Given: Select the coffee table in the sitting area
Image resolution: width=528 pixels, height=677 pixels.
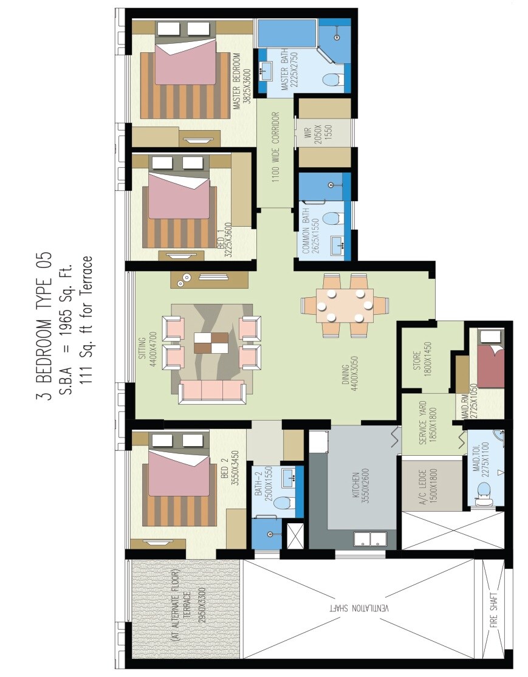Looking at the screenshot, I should [211, 343].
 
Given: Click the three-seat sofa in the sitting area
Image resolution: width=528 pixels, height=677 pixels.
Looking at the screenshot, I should [211, 391].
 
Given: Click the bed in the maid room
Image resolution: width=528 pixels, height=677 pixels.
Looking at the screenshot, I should [490, 365].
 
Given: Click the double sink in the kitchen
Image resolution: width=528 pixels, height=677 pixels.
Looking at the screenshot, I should [370, 538].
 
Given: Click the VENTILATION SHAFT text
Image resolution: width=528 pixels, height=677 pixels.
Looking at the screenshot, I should [362, 608].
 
